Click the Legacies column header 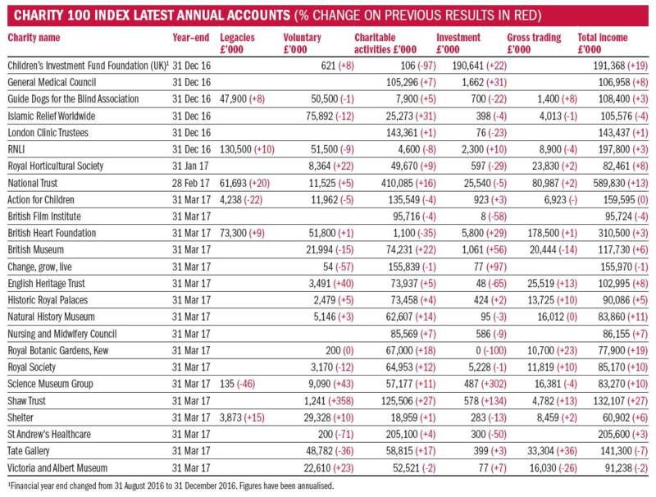[237, 43]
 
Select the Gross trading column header [534, 43]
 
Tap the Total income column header [603, 43]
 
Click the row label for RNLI [16, 149]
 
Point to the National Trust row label [32, 183]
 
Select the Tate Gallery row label [29, 451]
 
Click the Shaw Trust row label [26, 401]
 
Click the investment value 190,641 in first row [467, 66]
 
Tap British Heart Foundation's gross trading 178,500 [544, 233]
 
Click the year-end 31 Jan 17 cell [190, 166]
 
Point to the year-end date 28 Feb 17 [191, 183]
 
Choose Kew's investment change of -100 [495, 350]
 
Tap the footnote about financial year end [171, 486]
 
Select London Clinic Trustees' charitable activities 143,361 [402, 133]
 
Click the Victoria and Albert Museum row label [57, 467]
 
